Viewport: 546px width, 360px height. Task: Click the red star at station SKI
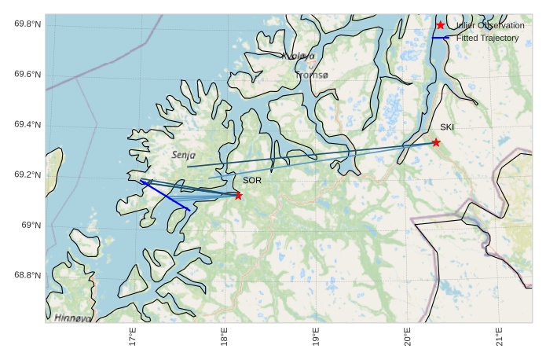click(436, 142)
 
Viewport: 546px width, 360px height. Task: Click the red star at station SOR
click(238, 196)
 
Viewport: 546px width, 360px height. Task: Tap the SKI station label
click(446, 127)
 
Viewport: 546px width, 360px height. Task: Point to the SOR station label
click(251, 181)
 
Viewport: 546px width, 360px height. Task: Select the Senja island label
click(183, 155)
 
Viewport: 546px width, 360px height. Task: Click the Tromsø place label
click(313, 75)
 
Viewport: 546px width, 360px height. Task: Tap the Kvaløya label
click(298, 57)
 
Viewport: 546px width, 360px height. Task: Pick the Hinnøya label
click(73, 318)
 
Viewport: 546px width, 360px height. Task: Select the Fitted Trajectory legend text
click(487, 38)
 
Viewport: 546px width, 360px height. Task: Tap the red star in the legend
click(440, 26)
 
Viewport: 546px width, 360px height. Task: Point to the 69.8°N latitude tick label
click(27, 24)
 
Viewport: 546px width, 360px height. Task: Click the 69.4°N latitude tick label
click(27, 125)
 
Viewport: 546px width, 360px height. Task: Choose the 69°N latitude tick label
click(31, 226)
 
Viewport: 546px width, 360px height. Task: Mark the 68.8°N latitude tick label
click(27, 276)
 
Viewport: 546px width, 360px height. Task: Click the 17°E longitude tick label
click(133, 337)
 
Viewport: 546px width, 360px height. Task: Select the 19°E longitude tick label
click(316, 337)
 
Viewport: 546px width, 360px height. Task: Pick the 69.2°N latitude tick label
click(27, 175)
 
